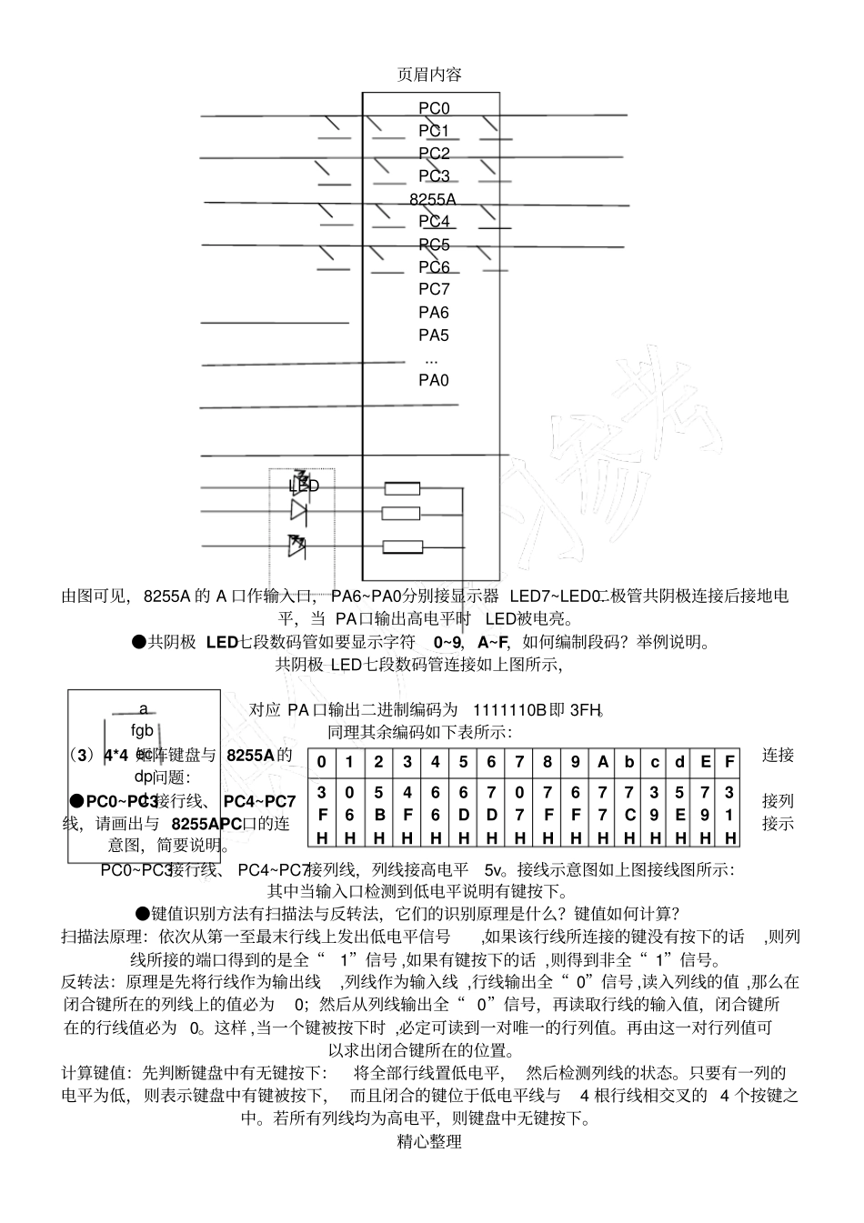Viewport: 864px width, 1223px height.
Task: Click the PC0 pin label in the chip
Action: click(x=434, y=108)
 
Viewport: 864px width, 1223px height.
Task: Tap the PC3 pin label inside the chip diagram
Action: click(x=434, y=175)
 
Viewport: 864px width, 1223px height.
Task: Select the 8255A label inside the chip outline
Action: click(x=433, y=198)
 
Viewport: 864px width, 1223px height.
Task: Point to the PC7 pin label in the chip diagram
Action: click(x=434, y=289)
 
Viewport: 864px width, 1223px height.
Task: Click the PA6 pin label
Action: click(x=434, y=312)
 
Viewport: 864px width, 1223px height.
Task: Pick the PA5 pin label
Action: click(x=434, y=335)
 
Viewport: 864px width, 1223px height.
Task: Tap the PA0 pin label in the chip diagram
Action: click(x=434, y=380)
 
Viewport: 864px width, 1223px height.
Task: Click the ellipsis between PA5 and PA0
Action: click(x=432, y=358)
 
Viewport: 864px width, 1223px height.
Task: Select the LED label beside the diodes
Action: click(x=305, y=486)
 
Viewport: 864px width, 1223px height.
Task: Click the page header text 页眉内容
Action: click(x=430, y=74)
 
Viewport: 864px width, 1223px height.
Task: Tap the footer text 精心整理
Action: click(x=430, y=1141)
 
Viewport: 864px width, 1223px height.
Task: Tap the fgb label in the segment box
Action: click(x=143, y=730)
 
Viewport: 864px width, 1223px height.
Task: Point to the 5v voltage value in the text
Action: click(x=496, y=870)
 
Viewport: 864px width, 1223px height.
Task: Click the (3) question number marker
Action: click(x=82, y=755)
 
